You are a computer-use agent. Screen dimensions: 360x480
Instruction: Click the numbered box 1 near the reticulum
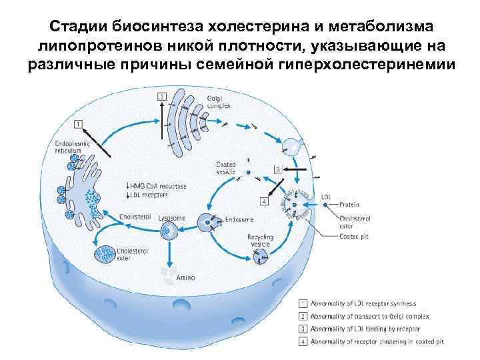tap(78, 124)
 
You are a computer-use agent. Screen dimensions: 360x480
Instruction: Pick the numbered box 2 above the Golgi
tap(161, 97)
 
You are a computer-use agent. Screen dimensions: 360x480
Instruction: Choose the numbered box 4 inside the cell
tap(264, 201)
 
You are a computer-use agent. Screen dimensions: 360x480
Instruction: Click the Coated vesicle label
tap(226, 167)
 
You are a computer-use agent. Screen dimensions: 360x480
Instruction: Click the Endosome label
tap(239, 218)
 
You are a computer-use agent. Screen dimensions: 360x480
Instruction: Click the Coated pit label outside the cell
tap(354, 233)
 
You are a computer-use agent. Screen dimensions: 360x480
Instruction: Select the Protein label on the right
tap(349, 204)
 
